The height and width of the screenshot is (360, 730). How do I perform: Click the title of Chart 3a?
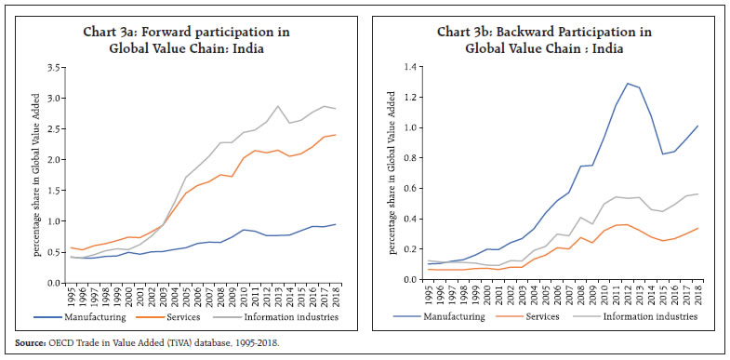point(185,40)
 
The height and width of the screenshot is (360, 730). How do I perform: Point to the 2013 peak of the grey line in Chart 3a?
point(277,105)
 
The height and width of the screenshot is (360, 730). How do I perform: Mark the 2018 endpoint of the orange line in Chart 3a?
point(336,135)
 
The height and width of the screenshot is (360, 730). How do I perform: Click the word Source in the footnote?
point(27,344)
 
